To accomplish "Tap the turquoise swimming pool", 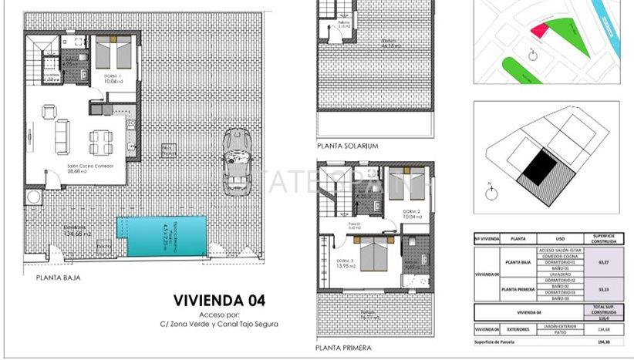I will coord(161,237).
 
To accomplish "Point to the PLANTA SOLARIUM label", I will coord(347,145).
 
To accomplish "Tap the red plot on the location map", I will coord(539,30).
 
